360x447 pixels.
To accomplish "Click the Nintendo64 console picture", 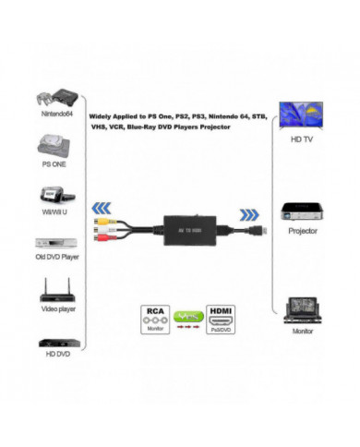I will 53,95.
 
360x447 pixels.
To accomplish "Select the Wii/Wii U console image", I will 52,196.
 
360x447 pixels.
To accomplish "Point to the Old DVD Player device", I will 53,246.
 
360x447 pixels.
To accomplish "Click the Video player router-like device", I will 53,295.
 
